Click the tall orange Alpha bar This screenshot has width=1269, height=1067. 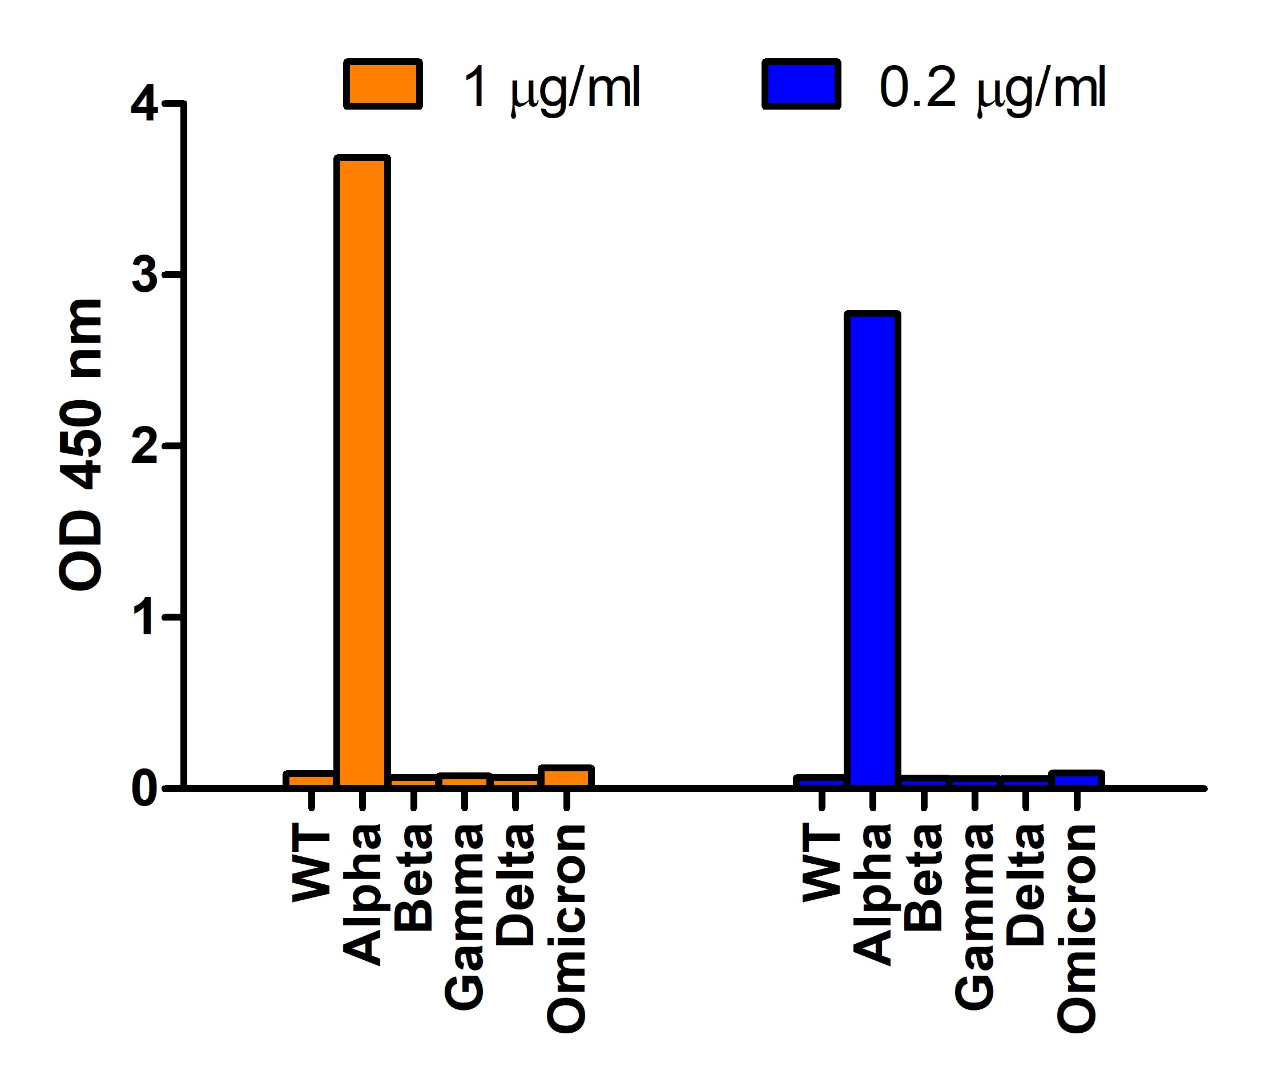pyautogui.click(x=362, y=472)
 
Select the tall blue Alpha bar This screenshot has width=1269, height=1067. pyautogui.click(x=872, y=550)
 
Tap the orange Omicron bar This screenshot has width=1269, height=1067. pyautogui.click(x=567, y=776)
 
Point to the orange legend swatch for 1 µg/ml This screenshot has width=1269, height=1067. pyautogui.click(x=382, y=84)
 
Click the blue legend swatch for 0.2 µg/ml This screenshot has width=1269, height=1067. pyautogui.click(x=801, y=84)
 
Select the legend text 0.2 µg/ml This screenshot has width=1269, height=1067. pyautogui.click(x=992, y=88)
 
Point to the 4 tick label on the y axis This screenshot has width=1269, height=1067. pyautogui.click(x=144, y=104)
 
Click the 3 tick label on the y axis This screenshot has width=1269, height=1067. pyautogui.click(x=144, y=276)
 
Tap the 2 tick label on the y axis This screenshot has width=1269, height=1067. pyautogui.click(x=144, y=447)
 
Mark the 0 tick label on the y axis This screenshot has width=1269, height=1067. pyautogui.click(x=144, y=789)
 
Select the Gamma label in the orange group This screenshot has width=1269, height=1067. pyautogui.click(x=465, y=916)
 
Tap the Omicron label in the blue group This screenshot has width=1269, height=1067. pyautogui.click(x=1077, y=928)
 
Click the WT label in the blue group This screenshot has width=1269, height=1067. pyautogui.click(x=821, y=865)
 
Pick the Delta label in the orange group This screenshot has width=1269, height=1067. pyautogui.click(x=515, y=884)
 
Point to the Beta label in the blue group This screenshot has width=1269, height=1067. pyautogui.click(x=924, y=876)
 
